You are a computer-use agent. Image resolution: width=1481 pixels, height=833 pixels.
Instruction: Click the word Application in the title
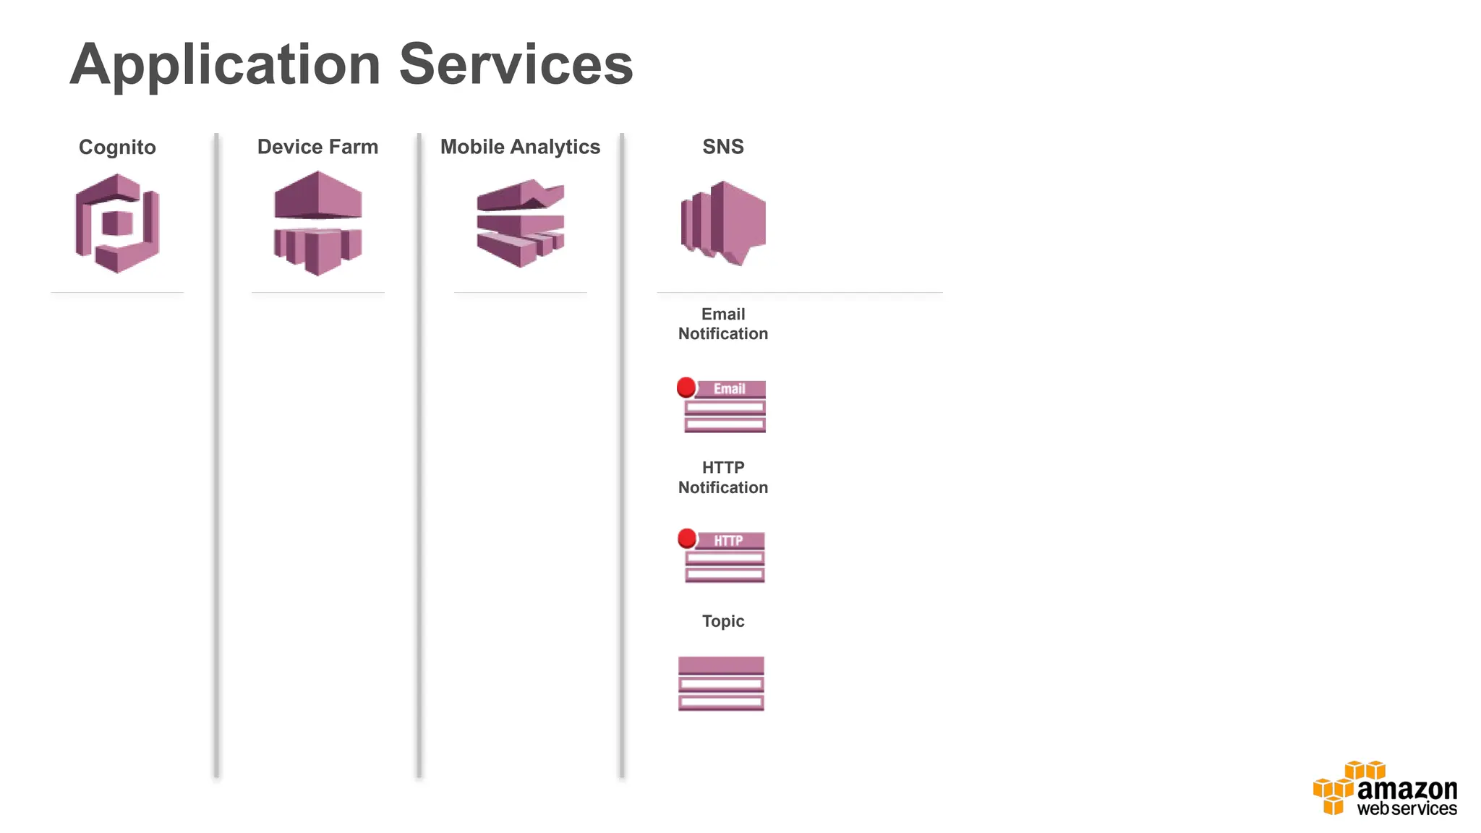224,65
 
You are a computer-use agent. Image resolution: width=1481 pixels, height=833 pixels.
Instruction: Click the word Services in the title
516,65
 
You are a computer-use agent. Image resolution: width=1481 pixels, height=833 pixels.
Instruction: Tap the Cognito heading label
117,148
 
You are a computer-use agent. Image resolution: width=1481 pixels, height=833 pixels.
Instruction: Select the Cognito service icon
117,223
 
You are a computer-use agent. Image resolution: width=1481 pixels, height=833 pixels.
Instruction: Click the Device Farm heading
317,147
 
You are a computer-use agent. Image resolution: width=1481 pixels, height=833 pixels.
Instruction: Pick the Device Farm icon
317,223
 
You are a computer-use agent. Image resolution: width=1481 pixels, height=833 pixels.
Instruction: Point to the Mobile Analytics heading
520,147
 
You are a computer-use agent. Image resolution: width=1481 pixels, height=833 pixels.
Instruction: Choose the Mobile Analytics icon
520,223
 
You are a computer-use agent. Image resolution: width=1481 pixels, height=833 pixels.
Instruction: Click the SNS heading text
722,147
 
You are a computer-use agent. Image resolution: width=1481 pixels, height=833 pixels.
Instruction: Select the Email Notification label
722,324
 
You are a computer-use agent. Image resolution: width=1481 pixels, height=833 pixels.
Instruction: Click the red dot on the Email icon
686,388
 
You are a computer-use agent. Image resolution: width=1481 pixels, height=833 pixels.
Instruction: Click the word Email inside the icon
729,389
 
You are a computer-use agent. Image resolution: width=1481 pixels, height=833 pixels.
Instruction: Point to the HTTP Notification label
722,477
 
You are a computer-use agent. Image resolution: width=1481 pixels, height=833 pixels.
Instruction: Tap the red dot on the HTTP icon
687,539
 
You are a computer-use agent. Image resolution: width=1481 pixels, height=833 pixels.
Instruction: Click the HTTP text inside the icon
728,541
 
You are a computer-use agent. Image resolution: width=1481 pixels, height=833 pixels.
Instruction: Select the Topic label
722,621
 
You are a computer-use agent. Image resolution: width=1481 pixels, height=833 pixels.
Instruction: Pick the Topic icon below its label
721,683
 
